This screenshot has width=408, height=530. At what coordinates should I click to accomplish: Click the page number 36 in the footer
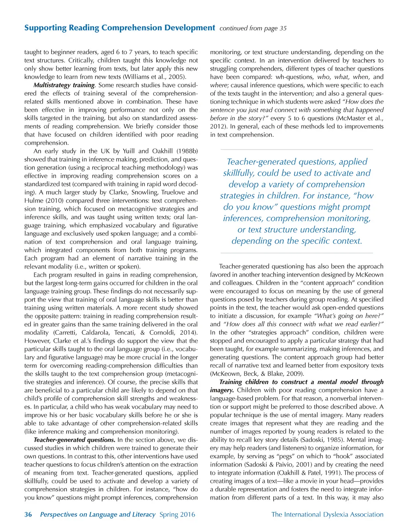pos(28,514)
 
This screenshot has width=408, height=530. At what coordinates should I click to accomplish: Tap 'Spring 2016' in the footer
pos(177,514)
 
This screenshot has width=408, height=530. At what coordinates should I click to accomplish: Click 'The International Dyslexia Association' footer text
pos(327,514)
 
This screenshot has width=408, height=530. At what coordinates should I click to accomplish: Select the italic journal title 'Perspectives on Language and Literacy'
pos(98,514)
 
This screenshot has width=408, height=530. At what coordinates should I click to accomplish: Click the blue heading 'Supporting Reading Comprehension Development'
pos(120,28)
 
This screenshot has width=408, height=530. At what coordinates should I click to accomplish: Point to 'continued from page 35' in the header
pos(253,28)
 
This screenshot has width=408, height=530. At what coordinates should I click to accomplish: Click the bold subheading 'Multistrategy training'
pos(64,85)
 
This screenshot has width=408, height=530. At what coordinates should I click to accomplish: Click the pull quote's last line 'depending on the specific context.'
pos(297,241)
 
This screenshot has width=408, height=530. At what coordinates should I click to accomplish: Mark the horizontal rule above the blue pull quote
pos(297,149)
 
